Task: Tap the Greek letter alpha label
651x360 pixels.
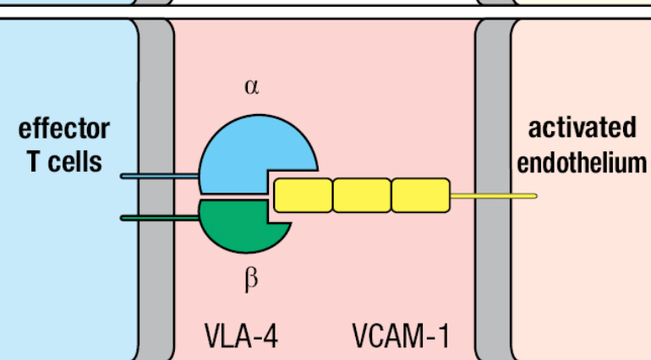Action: tap(252, 87)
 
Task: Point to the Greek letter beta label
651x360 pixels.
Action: tap(251, 279)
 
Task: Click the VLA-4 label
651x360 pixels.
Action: tap(241, 335)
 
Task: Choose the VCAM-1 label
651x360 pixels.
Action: tap(401, 335)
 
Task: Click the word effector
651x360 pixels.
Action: tap(64, 128)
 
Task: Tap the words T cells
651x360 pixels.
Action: tap(64, 161)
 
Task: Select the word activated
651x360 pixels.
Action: tap(582, 128)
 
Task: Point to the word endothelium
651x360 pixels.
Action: tap(582, 162)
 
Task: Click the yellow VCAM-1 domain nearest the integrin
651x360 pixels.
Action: tap(303, 195)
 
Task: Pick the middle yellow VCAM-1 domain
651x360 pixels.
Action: tap(362, 195)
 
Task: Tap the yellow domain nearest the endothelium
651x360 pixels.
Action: tap(420, 195)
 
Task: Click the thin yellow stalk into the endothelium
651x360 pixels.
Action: tap(494, 196)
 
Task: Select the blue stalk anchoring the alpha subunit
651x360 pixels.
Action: tap(160, 177)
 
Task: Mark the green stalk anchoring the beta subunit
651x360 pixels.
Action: tap(160, 218)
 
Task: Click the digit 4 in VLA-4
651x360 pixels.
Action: tap(271, 335)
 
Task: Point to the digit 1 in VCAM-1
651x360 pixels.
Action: tap(443, 335)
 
